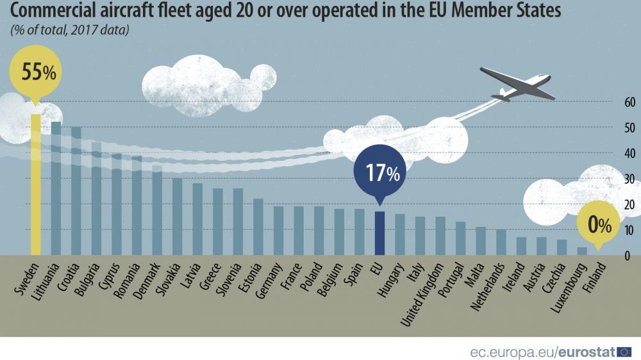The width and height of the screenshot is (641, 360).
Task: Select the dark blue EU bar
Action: (379, 233)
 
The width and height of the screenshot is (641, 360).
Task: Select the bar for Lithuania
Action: (56, 188)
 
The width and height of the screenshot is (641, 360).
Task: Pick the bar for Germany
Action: (279, 231)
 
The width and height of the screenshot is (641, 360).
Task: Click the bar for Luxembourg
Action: (582, 251)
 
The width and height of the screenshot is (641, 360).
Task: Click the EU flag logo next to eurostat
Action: (625, 351)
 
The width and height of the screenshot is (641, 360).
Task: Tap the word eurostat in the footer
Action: (587, 351)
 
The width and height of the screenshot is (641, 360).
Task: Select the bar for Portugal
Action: (460, 238)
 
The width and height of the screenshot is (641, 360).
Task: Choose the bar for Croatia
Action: (76, 191)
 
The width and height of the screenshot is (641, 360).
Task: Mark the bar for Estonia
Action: (258, 227)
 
